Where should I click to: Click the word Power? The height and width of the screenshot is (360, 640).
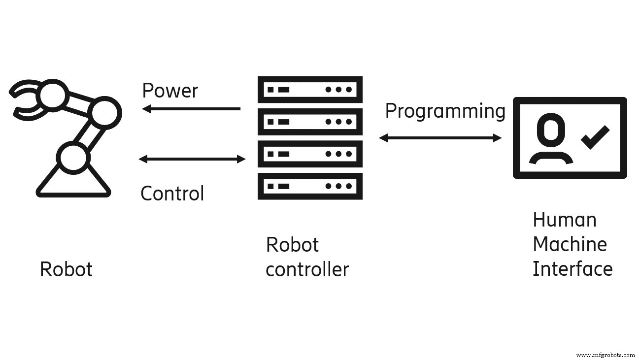point(170,91)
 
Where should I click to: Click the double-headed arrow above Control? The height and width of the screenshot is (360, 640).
point(192,159)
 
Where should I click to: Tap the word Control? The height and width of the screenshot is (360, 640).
point(172,194)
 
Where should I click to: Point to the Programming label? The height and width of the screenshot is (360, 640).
point(445,112)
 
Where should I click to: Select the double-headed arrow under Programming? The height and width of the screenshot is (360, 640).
point(440,138)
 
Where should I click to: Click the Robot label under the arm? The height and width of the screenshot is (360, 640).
point(66,269)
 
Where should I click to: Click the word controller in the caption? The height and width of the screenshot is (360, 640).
point(307,269)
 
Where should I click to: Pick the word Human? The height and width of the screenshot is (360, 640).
point(564,220)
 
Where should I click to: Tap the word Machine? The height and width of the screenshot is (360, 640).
point(570,244)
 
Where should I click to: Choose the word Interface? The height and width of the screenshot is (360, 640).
point(573,269)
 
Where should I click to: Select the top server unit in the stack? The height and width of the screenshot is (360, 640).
point(310,90)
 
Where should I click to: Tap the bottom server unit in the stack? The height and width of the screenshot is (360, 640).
point(310,186)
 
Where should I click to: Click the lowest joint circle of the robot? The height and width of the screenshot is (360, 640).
point(73,157)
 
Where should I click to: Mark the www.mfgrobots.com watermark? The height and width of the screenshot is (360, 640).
point(606,354)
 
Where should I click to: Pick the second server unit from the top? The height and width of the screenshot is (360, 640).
point(310,122)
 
